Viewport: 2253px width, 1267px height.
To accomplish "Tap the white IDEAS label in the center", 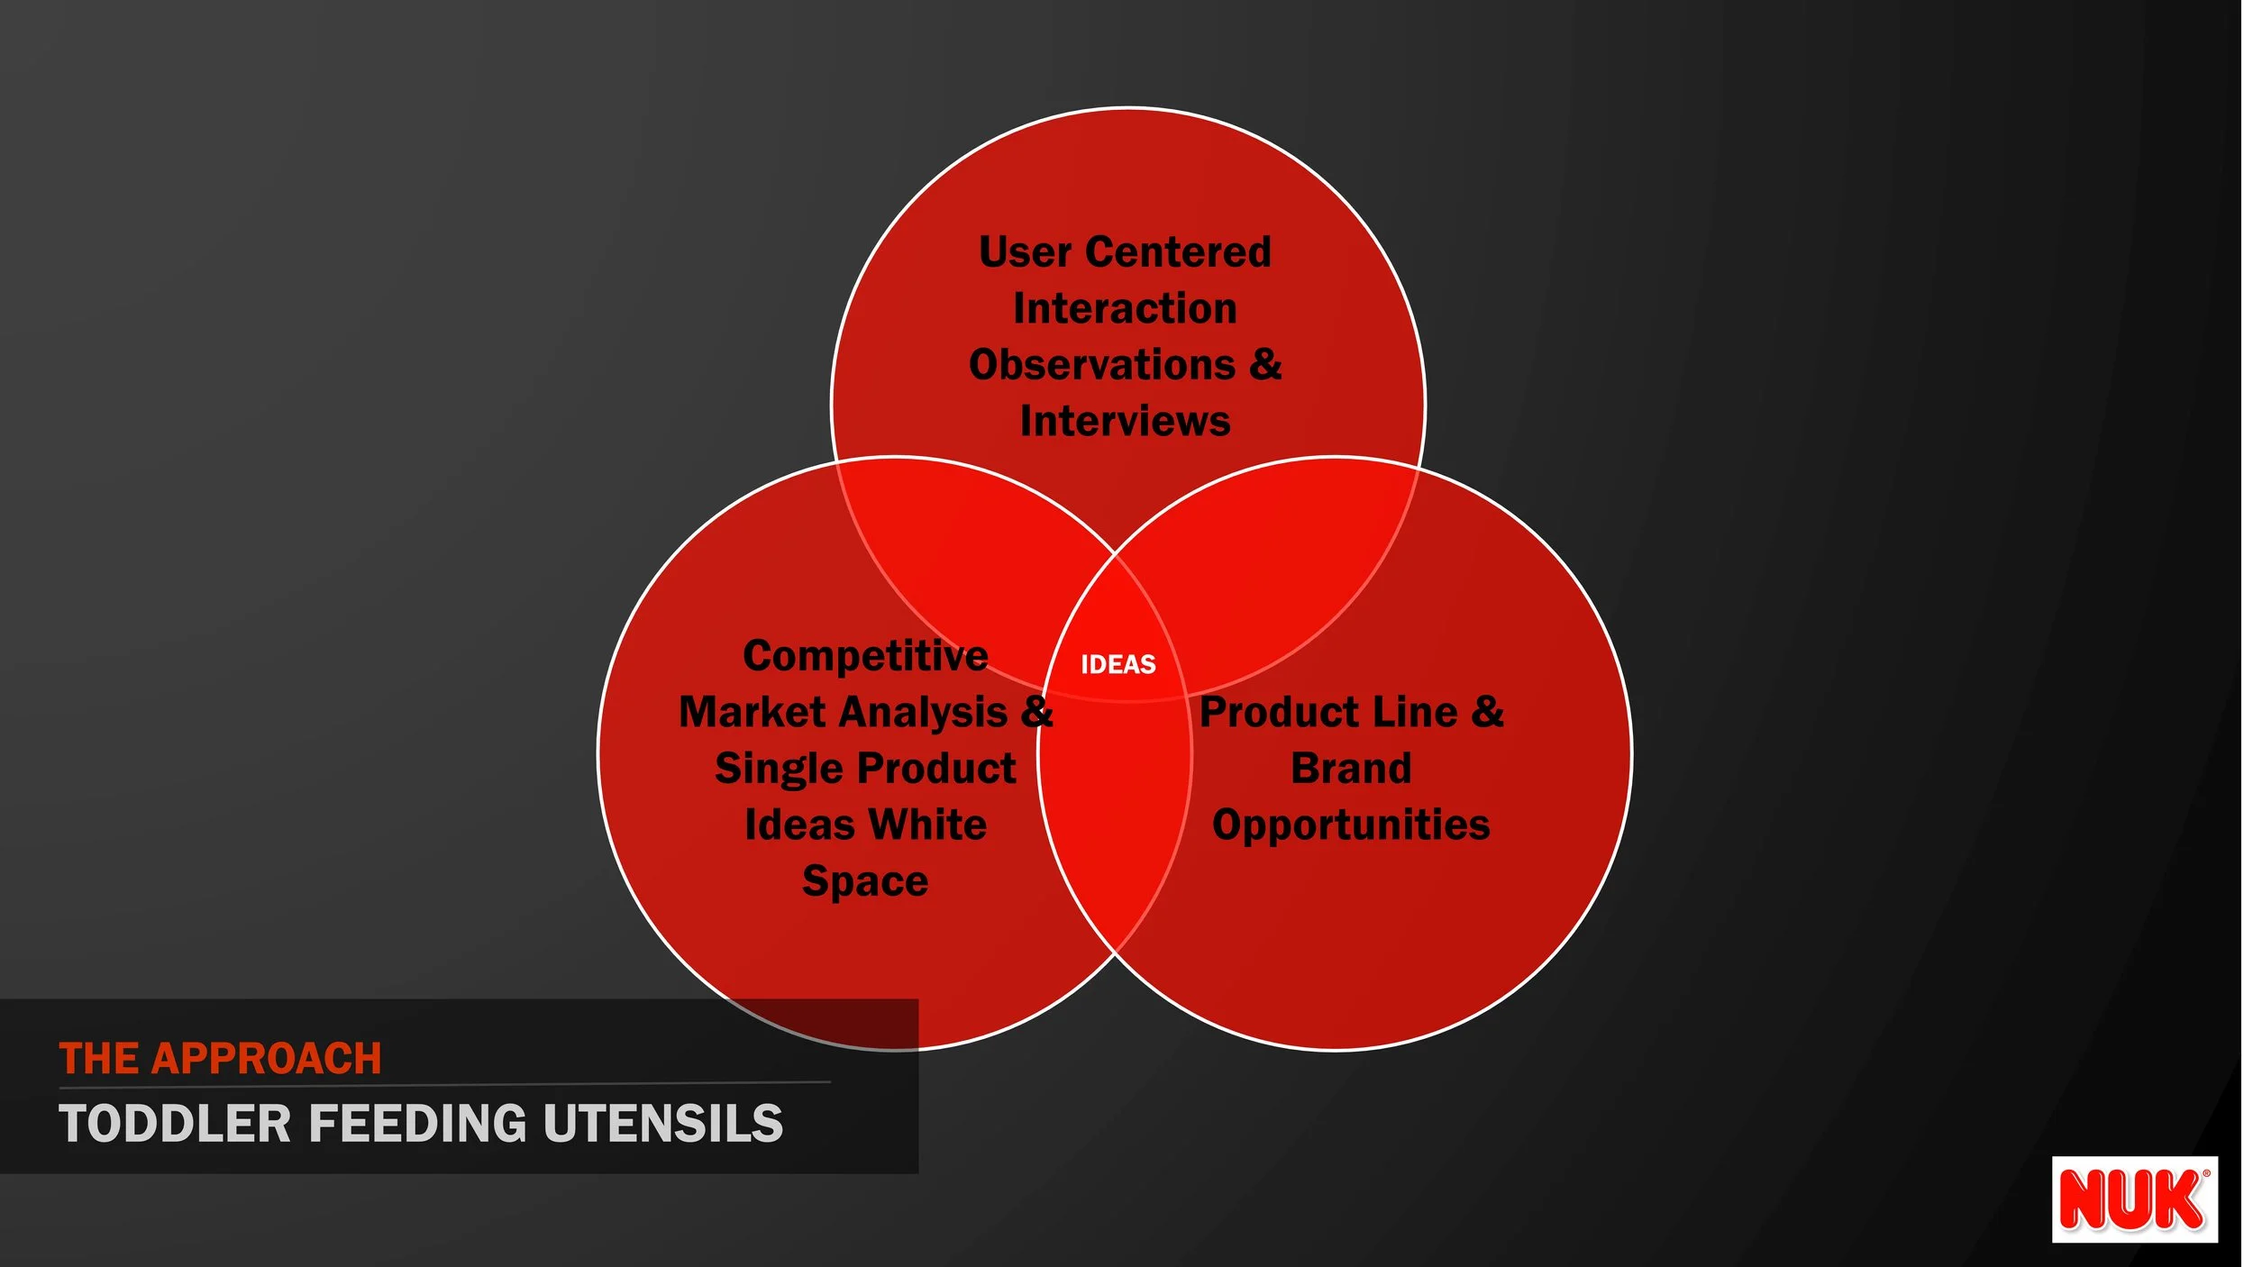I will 1117,664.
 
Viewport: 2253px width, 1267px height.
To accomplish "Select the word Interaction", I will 1125,308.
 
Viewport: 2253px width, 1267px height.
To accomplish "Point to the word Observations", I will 1101,365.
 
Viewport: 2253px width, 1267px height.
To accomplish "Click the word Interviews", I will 1125,421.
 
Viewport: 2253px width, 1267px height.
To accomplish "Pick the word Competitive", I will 865,655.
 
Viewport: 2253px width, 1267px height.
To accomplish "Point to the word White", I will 927,825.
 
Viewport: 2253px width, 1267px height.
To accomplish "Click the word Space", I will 865,880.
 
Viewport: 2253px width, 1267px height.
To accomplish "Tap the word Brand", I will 1351,769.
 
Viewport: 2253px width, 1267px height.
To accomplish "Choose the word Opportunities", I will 1351,825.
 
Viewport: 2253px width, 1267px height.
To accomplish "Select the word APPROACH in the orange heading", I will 267,1059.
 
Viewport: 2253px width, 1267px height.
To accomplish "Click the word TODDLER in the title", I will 175,1124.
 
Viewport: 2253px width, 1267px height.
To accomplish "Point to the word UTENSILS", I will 663,1124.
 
